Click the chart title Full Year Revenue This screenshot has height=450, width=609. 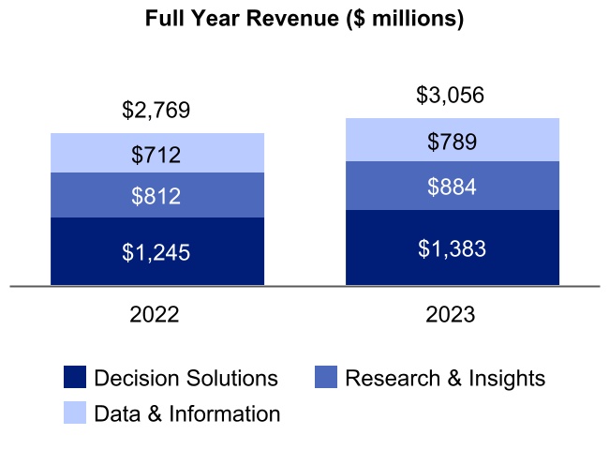(304, 19)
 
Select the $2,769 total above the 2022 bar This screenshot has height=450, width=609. (156, 110)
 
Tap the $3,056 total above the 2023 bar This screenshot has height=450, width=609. (452, 96)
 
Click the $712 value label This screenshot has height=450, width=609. (156, 154)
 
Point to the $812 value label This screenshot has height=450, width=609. (156, 196)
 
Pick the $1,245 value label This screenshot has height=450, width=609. (156, 252)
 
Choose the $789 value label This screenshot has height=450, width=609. (452, 142)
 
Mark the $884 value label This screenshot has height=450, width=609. (452, 187)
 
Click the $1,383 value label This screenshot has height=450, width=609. (452, 248)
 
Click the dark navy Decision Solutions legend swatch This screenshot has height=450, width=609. (75, 378)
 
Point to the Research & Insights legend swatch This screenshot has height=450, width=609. (325, 378)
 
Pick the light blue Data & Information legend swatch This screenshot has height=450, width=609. (75, 413)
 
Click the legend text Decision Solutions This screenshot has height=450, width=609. (186, 378)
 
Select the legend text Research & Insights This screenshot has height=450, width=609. (444, 378)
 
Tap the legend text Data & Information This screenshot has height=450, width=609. (186, 413)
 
